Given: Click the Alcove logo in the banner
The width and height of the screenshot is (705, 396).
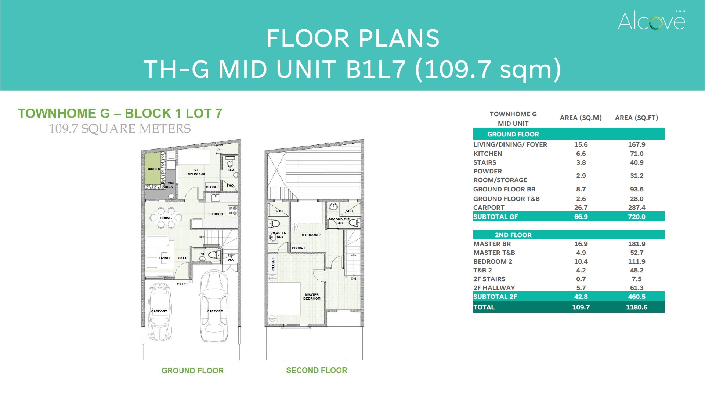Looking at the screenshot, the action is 651,20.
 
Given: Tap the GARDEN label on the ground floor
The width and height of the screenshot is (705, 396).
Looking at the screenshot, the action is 153,169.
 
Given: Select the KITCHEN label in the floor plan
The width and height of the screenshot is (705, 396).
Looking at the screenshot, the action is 216,214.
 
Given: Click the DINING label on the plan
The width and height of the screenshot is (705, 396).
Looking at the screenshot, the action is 166,218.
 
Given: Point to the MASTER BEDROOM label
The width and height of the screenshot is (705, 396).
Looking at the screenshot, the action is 312,297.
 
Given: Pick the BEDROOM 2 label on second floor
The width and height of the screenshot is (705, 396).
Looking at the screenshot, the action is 310,235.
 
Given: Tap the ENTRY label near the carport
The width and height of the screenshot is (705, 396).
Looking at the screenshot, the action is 182,284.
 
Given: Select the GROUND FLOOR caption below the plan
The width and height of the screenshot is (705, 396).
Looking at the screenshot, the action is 192,371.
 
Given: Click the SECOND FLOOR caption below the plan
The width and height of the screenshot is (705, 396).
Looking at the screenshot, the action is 317,370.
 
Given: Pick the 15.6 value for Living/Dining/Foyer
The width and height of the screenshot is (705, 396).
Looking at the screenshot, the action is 581,144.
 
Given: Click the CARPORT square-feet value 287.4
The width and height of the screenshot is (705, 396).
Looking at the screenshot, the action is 637,208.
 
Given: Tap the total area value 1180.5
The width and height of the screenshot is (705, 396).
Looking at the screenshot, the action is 637,307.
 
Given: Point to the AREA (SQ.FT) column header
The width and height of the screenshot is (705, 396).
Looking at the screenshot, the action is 636,118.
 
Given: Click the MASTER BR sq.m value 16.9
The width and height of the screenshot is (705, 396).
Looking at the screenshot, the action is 581,244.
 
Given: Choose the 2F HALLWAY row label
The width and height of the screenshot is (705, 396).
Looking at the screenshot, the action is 494,288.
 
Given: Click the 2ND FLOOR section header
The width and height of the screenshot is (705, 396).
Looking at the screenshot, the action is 513,235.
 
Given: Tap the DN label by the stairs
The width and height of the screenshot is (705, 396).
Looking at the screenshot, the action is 354,279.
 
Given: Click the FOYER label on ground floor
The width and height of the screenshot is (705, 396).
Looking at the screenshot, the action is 182,258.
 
